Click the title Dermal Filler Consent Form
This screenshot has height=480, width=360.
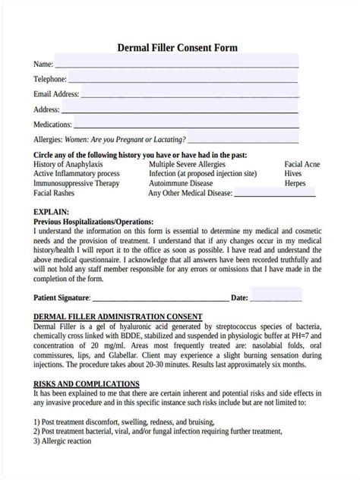(177, 47)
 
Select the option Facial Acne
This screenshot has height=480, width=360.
(303, 164)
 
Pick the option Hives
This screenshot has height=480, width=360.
(294, 174)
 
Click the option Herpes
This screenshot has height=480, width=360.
(295, 184)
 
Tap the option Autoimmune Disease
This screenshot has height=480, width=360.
(181, 184)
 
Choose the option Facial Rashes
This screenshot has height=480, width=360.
(58, 194)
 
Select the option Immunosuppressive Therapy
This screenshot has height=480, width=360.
(77, 184)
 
